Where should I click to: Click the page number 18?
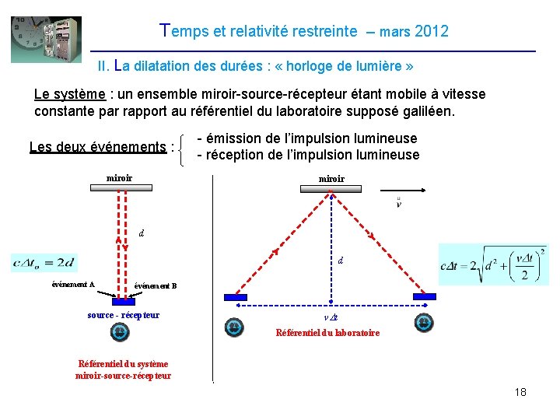(x=520, y=392)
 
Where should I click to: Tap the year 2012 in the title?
(x=432, y=32)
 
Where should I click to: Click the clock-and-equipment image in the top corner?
(x=46, y=39)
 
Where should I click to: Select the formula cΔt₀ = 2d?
(x=44, y=263)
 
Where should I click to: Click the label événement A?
(x=73, y=285)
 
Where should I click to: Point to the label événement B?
(x=156, y=286)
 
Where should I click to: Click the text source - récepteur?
(x=124, y=315)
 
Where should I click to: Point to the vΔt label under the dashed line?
(x=331, y=318)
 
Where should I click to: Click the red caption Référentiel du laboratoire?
(x=328, y=333)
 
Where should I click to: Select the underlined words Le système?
(x=69, y=95)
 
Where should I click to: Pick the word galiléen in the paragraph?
(x=427, y=111)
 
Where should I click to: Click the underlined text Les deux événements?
(x=96, y=147)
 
